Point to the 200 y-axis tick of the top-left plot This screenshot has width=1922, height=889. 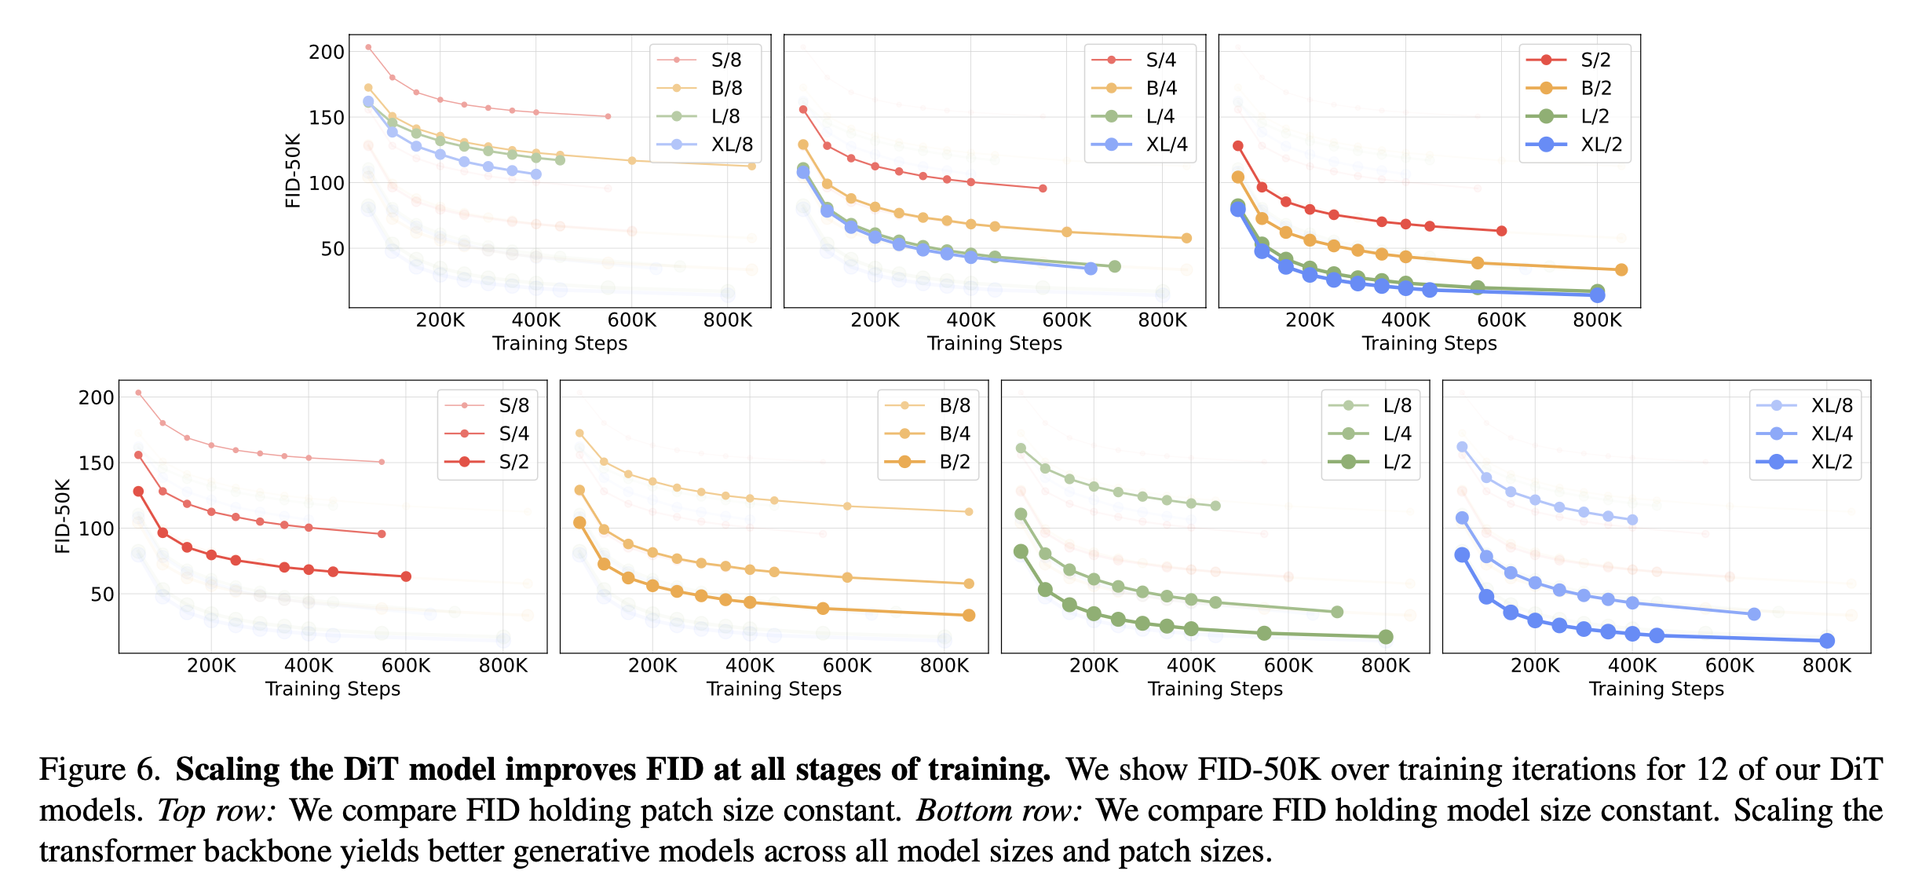click(327, 52)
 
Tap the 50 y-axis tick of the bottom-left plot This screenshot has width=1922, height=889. click(102, 594)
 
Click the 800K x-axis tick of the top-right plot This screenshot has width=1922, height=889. click(1597, 320)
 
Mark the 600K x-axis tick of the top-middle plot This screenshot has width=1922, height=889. click(1066, 320)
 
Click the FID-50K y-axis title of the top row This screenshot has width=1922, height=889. click(293, 170)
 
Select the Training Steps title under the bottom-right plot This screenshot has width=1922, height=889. click(1656, 689)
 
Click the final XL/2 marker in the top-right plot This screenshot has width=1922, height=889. click(1597, 295)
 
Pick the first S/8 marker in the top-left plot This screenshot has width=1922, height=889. click(368, 47)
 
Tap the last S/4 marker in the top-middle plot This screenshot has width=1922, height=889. click(1043, 188)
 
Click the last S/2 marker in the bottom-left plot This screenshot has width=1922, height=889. click(406, 576)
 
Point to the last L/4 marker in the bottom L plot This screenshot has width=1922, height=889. click(1337, 612)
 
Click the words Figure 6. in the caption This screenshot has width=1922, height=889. click(100, 770)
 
